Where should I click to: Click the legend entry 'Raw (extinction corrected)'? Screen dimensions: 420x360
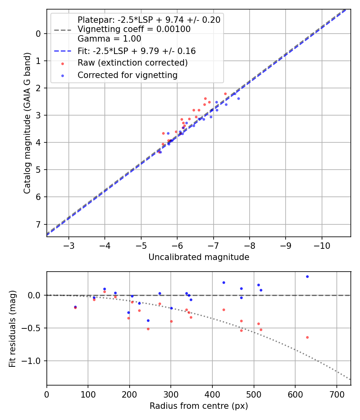click(x=132, y=63)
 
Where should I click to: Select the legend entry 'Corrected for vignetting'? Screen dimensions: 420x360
click(x=127, y=75)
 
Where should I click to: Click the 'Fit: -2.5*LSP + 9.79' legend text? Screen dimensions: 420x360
click(x=136, y=51)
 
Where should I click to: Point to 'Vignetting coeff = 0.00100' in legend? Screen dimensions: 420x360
click(x=134, y=29)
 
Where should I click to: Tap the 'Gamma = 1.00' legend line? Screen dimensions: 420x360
click(x=109, y=39)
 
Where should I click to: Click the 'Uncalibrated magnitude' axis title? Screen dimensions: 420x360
click(x=199, y=257)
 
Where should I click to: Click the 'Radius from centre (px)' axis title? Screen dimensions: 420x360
click(x=199, y=406)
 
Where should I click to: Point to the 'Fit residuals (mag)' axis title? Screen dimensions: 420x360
click(x=12, y=328)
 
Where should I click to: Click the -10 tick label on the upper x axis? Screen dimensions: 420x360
click(x=322, y=244)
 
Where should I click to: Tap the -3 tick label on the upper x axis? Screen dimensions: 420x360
click(x=68, y=244)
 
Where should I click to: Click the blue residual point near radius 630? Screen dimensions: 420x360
click(x=307, y=276)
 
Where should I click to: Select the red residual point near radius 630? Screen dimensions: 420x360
click(x=307, y=337)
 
